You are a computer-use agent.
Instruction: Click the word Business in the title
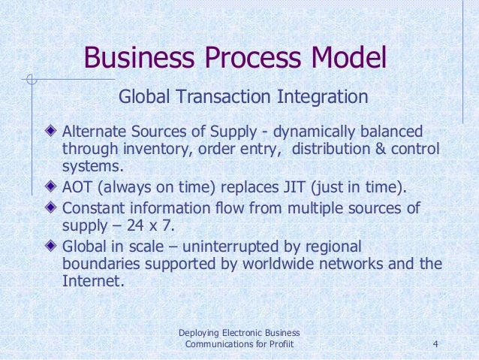tap(139, 58)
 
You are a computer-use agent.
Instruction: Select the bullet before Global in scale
tap(50, 246)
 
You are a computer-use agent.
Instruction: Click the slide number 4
tap(436, 345)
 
